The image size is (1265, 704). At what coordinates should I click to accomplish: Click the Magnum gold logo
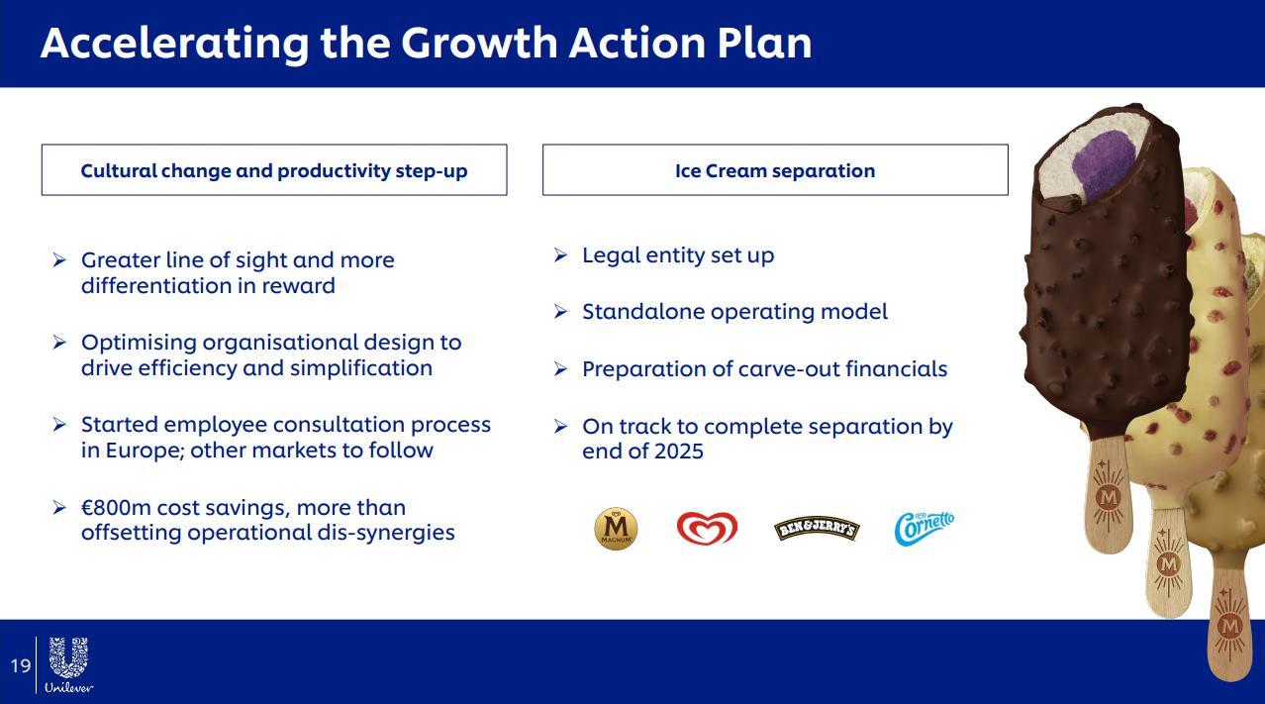click(616, 529)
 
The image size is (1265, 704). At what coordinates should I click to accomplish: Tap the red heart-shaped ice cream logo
click(707, 529)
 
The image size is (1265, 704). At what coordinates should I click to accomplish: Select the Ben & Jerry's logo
click(817, 529)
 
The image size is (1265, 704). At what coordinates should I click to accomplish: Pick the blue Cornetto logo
click(924, 529)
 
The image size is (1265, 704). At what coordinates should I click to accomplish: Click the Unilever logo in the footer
click(69, 665)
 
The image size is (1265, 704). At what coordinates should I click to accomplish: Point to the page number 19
click(21, 665)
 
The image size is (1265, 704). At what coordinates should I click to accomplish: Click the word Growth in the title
click(479, 43)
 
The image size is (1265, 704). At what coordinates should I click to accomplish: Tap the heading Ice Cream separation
click(775, 170)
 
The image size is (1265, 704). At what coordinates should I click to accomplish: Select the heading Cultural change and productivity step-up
click(274, 170)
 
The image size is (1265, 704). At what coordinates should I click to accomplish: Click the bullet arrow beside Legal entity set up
click(560, 254)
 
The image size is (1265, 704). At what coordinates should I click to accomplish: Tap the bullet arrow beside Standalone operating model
click(560, 311)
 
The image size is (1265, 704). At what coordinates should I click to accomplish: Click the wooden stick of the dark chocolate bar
click(1108, 494)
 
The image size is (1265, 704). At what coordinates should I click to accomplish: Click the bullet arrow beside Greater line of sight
click(59, 259)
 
